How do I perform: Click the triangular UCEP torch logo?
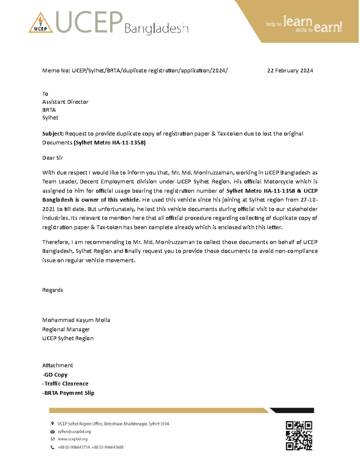pos(40,23)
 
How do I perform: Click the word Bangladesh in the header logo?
pos(156,29)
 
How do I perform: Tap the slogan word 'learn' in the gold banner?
pos(298,22)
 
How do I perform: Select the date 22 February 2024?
pos(290,71)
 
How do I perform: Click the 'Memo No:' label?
pos(56,71)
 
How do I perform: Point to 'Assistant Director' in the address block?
pos(65,102)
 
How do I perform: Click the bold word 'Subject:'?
pos(53,134)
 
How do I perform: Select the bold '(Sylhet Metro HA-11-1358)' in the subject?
pos(109,143)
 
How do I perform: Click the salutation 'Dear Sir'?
pos(52,158)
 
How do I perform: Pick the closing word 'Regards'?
pos(52,290)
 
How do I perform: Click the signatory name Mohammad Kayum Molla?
pos(76,320)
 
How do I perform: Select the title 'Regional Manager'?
pos(66,329)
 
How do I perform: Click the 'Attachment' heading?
pos(57,365)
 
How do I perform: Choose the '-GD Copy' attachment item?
pos(55,375)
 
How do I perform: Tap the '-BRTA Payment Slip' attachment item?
pos(68,393)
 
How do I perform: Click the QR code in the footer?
pos(299,435)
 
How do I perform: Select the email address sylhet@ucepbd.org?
pos(74,431)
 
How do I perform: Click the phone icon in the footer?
pos(52,447)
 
